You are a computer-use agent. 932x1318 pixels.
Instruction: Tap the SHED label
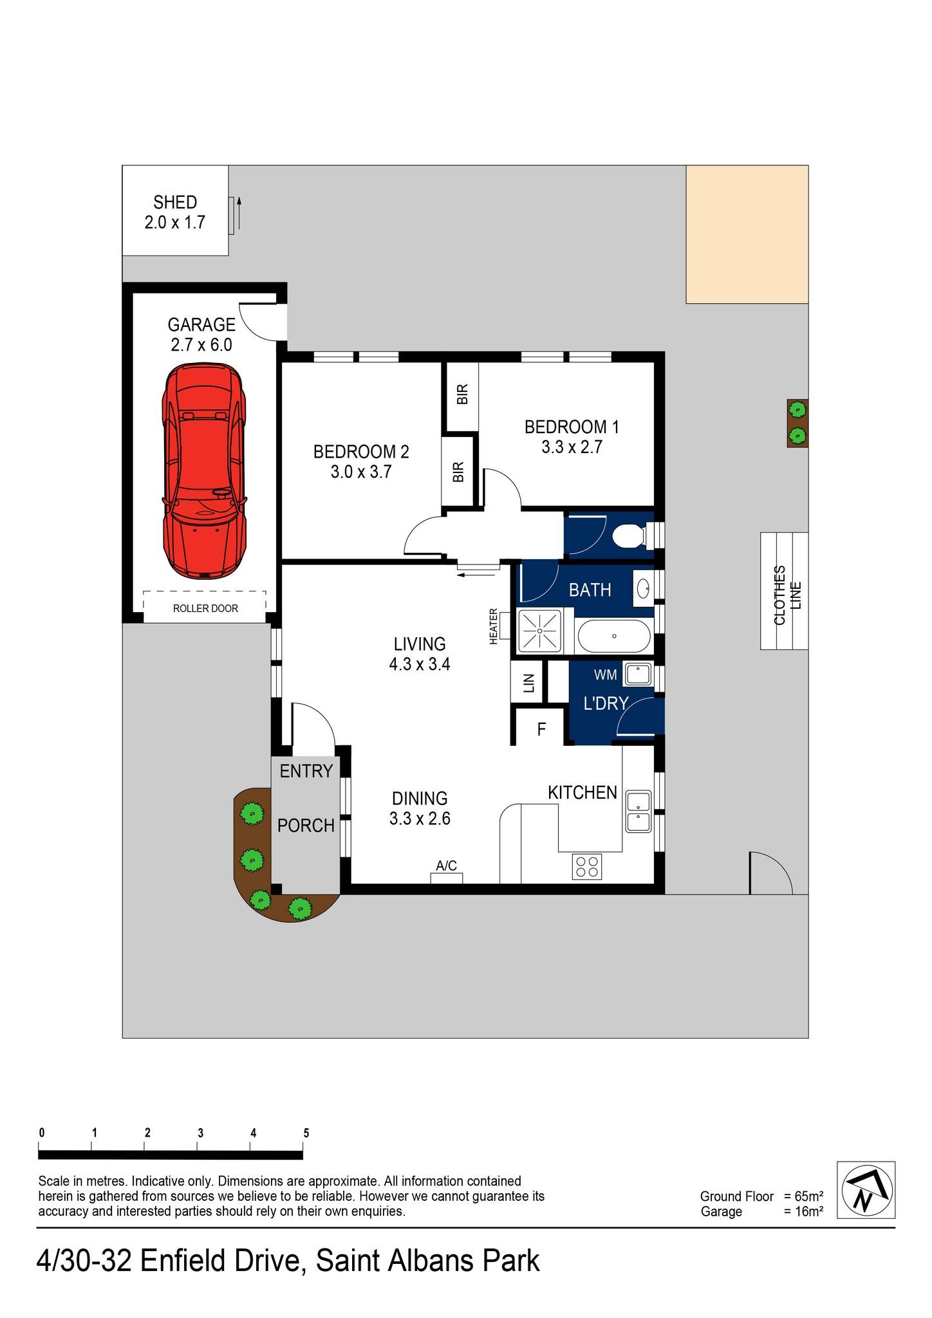click(175, 203)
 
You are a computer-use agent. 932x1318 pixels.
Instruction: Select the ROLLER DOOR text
click(205, 608)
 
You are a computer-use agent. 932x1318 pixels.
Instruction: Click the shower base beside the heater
click(539, 631)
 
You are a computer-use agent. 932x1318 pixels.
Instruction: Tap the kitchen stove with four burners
click(587, 866)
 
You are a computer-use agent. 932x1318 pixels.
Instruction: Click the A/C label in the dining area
click(446, 866)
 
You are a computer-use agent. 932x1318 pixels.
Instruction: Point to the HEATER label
click(494, 626)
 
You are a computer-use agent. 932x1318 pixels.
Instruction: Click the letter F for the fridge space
click(541, 729)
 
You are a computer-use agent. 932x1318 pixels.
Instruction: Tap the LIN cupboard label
click(529, 683)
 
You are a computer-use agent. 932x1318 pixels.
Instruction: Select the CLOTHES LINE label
click(787, 595)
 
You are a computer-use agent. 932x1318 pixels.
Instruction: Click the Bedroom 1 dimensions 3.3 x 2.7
click(572, 447)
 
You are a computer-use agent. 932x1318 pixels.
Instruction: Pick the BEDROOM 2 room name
click(361, 452)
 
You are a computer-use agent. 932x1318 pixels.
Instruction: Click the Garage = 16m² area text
click(761, 1212)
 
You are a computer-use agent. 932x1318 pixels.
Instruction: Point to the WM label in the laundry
click(605, 675)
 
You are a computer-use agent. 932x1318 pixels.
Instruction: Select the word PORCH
click(306, 826)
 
